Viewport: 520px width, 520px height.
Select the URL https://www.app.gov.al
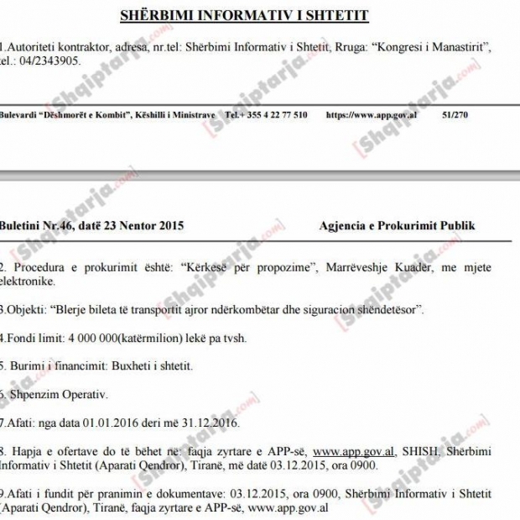(371, 113)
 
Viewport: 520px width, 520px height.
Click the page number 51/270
(454, 113)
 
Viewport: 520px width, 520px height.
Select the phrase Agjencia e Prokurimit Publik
(397, 225)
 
